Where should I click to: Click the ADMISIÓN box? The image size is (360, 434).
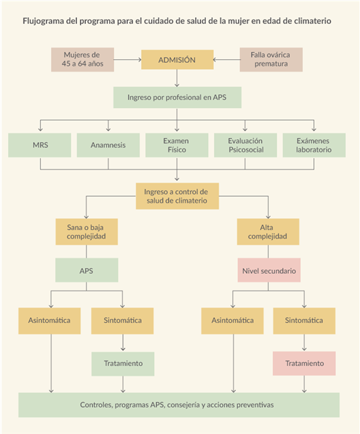(x=177, y=59)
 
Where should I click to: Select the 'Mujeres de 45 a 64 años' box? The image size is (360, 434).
(x=82, y=59)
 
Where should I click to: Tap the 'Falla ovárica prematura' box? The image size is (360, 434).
(x=271, y=59)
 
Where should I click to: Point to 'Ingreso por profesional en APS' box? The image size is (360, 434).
(x=177, y=97)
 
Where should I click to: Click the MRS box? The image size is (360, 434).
(x=40, y=145)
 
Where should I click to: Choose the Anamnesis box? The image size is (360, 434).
(x=108, y=145)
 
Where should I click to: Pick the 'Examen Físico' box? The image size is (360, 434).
(x=177, y=145)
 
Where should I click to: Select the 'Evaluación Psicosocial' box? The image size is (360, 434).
(x=246, y=145)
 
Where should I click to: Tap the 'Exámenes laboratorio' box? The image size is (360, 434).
(x=314, y=145)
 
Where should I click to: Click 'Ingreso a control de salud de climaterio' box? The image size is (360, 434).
(x=177, y=196)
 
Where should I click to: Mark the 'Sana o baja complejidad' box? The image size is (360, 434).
(x=87, y=232)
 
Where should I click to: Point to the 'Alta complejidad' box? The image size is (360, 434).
(x=268, y=232)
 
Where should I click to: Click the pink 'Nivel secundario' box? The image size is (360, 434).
(x=269, y=270)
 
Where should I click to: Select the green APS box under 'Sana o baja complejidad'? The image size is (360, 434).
(x=87, y=270)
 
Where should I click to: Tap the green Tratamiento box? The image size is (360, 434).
(x=123, y=363)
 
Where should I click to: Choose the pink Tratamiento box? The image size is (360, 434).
(x=304, y=363)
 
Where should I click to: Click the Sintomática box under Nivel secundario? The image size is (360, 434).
(x=304, y=321)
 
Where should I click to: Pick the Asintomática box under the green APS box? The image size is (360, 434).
(x=50, y=321)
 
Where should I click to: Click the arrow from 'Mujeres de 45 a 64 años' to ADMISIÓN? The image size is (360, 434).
(x=128, y=59)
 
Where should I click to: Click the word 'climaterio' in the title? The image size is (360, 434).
(x=313, y=21)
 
